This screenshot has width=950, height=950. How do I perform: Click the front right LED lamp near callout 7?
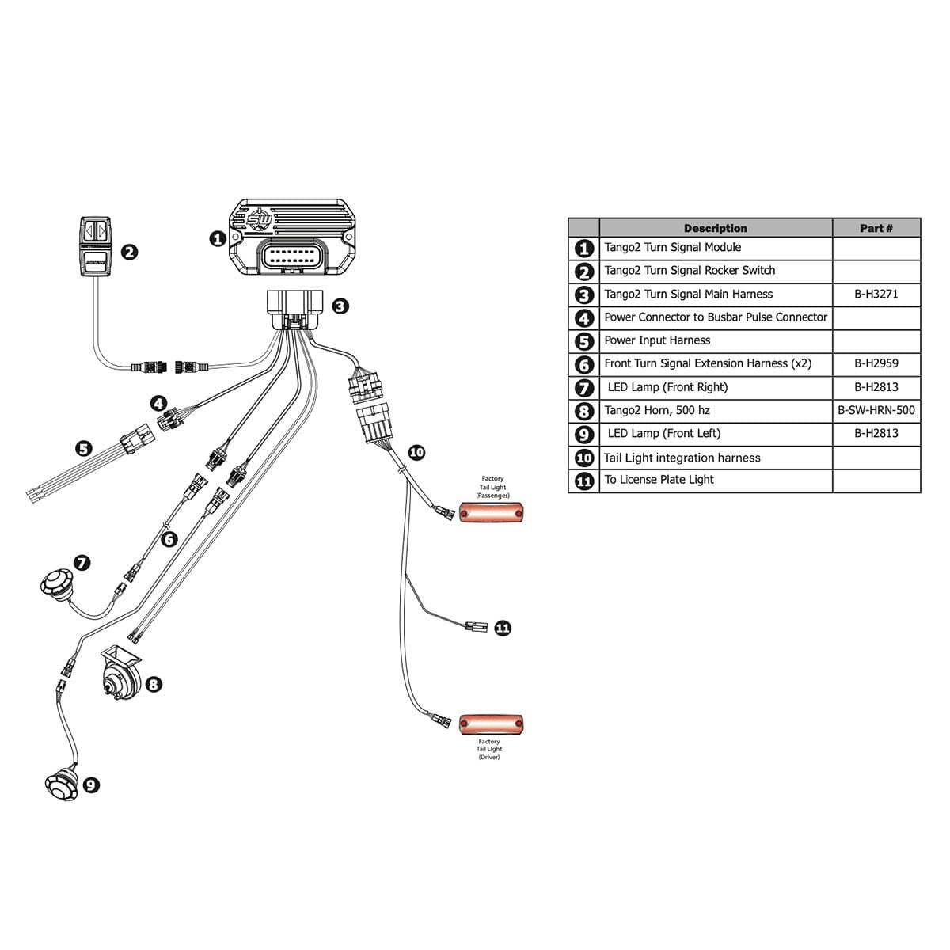tap(55, 587)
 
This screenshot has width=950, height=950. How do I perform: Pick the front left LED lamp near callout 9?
tap(62, 784)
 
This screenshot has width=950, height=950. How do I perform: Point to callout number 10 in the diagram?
tap(416, 453)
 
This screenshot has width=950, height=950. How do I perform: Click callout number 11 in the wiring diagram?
tap(503, 628)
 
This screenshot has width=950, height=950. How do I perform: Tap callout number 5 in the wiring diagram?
tap(83, 449)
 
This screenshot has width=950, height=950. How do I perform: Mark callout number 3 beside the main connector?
tap(340, 306)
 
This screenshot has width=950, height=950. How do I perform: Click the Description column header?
tap(715, 228)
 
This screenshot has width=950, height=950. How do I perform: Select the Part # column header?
tap(876, 228)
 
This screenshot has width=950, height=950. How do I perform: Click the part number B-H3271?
tap(876, 294)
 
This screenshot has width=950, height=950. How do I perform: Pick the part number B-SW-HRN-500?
tap(876, 410)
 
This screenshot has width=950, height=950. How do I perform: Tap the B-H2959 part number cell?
tap(876, 363)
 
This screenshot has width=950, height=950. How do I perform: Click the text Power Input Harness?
tap(657, 340)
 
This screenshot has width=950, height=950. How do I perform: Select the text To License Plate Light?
tap(659, 480)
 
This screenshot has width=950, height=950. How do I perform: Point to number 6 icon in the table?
tap(584, 364)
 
